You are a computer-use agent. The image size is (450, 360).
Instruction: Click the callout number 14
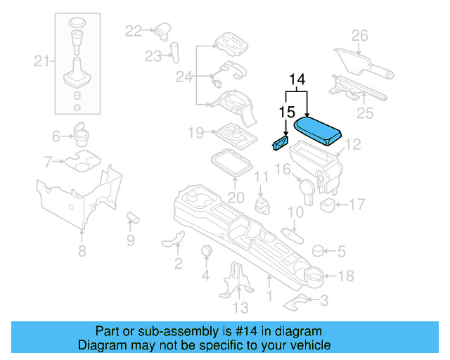(297, 80)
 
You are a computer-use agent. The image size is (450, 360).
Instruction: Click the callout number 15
(285, 112)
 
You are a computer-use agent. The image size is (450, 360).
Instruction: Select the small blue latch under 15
(279, 143)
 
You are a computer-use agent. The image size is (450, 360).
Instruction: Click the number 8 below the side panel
(82, 251)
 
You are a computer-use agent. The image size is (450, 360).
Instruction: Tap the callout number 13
(240, 307)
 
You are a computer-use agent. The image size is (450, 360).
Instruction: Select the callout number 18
(346, 276)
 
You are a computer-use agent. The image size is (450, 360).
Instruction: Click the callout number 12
(352, 144)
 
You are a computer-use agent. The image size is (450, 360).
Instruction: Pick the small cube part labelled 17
(327, 205)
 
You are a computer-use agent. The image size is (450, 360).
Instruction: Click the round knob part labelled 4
(207, 252)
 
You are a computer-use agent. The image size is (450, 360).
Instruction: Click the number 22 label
(134, 30)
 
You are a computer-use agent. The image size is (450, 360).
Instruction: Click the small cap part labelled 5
(318, 250)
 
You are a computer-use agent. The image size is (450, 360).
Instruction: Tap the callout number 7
(47, 162)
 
